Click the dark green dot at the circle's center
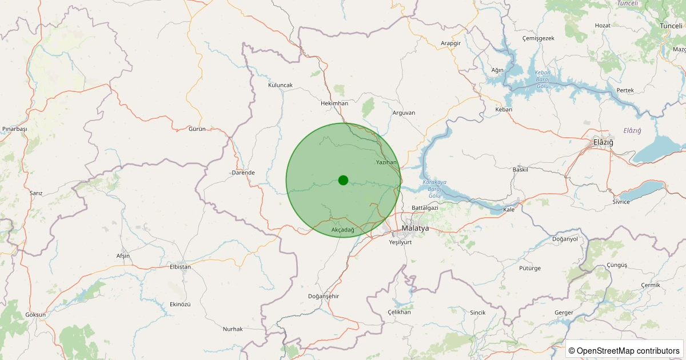coord(343,180)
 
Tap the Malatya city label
coord(415,228)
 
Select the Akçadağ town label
coord(343,230)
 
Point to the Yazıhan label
coord(386,163)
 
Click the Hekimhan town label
coord(334,103)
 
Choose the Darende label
coord(243,173)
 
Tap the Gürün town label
coord(197,129)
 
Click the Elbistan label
coord(181,267)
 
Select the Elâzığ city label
coord(603,142)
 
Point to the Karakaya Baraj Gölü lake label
coord(434,189)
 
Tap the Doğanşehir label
coord(324,296)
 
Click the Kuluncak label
coord(280,85)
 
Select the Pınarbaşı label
coord(14,129)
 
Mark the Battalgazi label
coord(425,208)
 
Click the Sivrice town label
coord(621,202)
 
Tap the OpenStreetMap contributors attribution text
coord(625,350)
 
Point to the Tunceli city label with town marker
coord(671,26)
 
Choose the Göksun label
coord(35,315)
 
